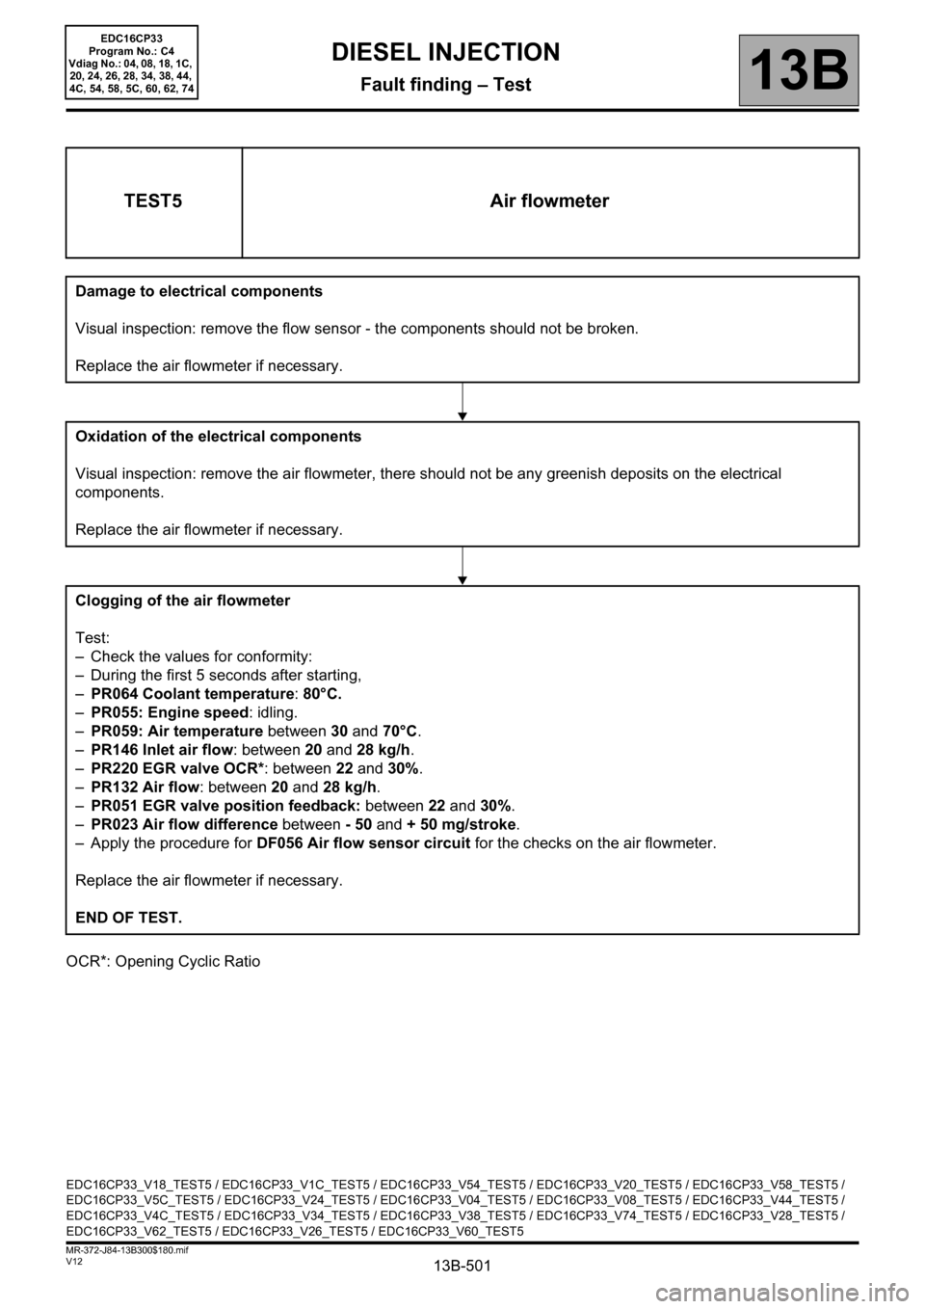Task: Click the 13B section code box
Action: (799, 70)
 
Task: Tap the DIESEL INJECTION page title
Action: (445, 52)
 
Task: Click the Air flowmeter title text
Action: (549, 201)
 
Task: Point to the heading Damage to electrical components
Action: (198, 291)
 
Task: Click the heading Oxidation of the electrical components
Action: (218, 437)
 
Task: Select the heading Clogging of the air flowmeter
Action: (182, 601)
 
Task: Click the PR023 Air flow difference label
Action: (183, 825)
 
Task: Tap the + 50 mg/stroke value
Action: (462, 825)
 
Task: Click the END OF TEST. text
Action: (128, 918)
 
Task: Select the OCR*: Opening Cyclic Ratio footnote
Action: (163, 962)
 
